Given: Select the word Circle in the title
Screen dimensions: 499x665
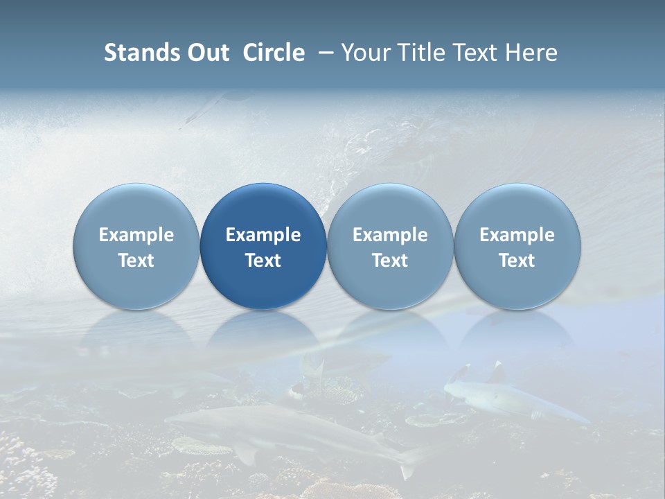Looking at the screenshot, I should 274,53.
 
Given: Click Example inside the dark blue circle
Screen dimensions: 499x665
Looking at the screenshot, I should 263,235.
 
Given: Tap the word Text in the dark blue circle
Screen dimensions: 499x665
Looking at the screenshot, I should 263,261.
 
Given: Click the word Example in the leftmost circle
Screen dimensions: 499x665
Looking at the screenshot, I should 136,235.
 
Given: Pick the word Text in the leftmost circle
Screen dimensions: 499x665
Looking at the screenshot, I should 136,261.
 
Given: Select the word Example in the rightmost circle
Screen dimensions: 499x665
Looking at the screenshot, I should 517,235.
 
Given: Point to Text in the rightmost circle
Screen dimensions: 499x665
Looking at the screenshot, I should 517,261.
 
